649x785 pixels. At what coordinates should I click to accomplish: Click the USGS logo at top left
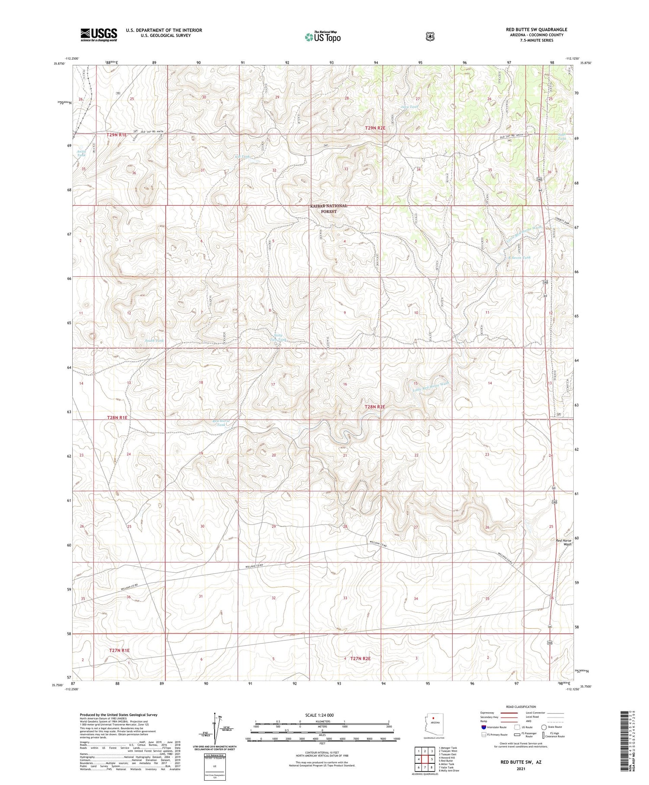tap(99, 35)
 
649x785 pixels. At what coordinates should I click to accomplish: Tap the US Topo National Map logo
tap(322, 37)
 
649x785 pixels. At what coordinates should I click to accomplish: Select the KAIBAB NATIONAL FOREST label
tap(329, 208)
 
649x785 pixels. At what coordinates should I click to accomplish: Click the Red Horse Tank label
tap(221, 423)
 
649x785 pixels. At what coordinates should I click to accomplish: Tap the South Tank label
tap(154, 341)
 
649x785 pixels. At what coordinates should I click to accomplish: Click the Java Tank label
tap(409, 107)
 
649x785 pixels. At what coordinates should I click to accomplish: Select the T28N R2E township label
tap(375, 407)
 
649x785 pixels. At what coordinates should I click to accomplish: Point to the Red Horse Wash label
tap(563, 543)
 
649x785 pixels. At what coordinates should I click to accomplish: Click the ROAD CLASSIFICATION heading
tap(523, 707)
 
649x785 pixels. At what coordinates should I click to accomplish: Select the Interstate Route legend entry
tap(494, 727)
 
